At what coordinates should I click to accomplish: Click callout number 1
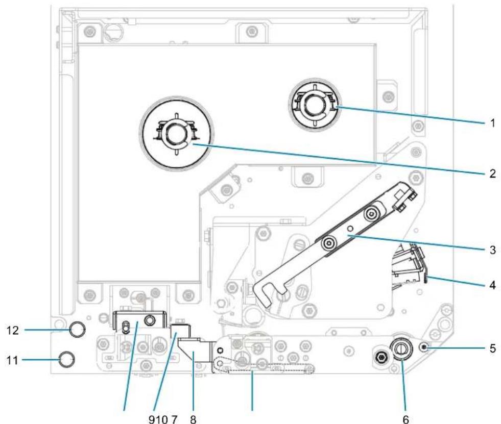[x=492, y=122]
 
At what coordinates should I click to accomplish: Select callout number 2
[x=492, y=173]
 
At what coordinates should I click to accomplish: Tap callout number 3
[x=493, y=250]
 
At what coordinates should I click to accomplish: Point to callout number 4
[x=493, y=285]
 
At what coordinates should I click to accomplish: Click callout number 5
[x=493, y=348]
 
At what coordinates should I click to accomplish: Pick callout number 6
[x=405, y=419]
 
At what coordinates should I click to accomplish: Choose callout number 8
[x=193, y=419]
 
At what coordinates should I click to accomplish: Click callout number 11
[x=12, y=360]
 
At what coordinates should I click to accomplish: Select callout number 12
[x=13, y=331]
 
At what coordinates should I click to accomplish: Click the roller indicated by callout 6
[x=400, y=350]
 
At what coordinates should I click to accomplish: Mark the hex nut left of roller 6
[x=380, y=356]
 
